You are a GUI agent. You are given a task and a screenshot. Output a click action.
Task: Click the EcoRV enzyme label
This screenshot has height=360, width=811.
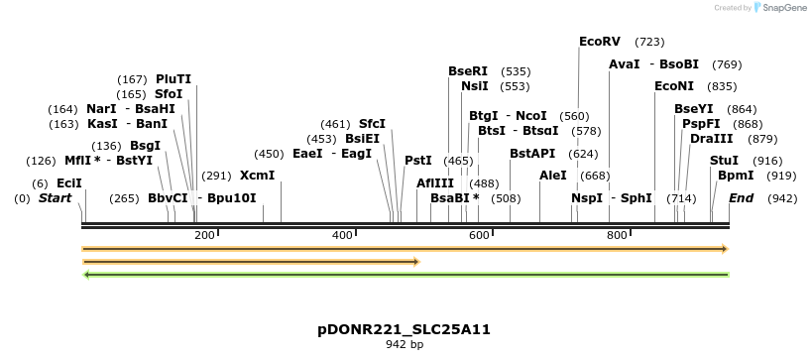[x=600, y=42]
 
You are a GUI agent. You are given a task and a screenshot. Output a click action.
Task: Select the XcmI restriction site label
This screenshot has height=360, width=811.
[x=258, y=176]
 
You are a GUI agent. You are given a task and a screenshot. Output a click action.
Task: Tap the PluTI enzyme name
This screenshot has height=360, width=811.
[x=174, y=79]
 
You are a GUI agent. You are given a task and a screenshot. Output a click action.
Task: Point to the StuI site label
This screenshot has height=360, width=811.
[x=725, y=161]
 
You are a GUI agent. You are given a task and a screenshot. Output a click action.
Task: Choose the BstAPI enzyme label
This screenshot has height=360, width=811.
[x=532, y=154]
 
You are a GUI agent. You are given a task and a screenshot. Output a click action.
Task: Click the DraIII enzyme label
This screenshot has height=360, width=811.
[x=712, y=139]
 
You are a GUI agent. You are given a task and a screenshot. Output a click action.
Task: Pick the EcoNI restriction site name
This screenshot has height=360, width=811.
[x=675, y=86]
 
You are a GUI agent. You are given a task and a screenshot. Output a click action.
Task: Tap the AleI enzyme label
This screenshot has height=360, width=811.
[x=553, y=176]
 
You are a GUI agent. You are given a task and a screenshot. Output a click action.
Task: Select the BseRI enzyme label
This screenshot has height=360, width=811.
[x=468, y=71]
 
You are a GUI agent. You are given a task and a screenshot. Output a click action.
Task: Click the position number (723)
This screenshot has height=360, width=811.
[x=649, y=42]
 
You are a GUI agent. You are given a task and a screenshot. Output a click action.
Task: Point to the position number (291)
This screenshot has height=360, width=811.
[x=216, y=176]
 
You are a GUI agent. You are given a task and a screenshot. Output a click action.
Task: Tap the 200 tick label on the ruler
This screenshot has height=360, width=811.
[x=204, y=235]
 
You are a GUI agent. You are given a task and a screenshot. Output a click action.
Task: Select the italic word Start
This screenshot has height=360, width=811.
[x=56, y=198]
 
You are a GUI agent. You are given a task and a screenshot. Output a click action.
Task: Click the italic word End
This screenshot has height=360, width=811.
[x=742, y=198]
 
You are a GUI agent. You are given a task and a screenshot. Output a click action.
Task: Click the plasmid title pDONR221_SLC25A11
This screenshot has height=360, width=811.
[x=405, y=329]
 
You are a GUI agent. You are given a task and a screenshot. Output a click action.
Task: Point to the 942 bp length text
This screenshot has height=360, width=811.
[x=405, y=345]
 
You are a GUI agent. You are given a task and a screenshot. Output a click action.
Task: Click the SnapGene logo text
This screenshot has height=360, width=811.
[x=783, y=8]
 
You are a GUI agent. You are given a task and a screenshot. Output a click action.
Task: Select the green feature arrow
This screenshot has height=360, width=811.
[x=405, y=275]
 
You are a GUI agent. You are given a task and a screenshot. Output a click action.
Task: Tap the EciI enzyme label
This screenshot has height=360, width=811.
[x=69, y=183]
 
